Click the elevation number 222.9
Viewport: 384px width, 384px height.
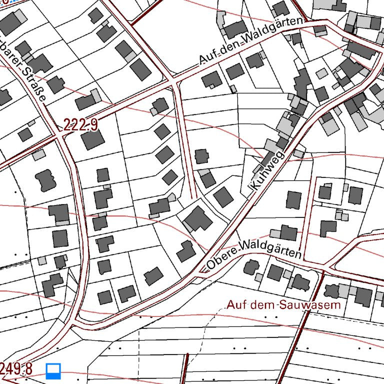80,125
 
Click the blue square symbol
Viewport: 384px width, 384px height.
53,371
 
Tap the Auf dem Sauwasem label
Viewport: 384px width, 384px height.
283,304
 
